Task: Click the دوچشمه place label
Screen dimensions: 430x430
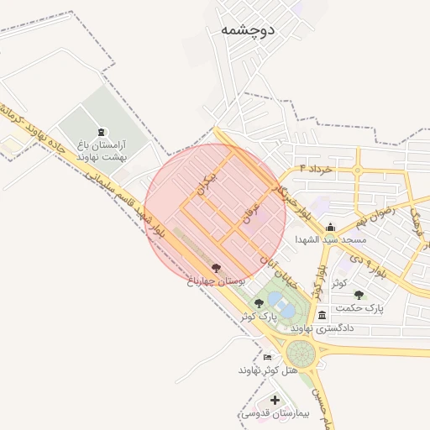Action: pyautogui.click(x=249, y=29)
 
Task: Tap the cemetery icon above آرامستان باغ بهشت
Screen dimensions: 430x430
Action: pyautogui.click(x=102, y=132)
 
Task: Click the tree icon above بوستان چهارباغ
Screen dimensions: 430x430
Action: pyautogui.click(x=217, y=269)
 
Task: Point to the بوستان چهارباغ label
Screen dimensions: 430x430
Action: pyautogui.click(x=216, y=283)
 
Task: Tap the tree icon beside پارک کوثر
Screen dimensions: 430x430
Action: pyautogui.click(x=259, y=302)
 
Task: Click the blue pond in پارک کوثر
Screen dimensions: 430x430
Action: pyautogui.click(x=287, y=310)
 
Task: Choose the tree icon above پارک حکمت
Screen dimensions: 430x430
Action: pyautogui.click(x=359, y=295)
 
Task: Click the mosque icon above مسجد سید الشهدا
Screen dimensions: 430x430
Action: pyautogui.click(x=331, y=227)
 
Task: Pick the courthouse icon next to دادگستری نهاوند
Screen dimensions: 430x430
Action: pyautogui.click(x=323, y=315)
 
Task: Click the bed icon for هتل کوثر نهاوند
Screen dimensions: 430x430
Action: pyautogui.click(x=268, y=357)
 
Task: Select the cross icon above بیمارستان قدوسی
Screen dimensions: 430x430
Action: pyautogui.click(x=275, y=399)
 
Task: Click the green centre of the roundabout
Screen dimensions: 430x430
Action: pyautogui.click(x=300, y=352)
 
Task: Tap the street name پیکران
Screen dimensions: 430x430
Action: pyautogui.click(x=206, y=180)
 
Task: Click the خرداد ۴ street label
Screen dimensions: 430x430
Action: pyautogui.click(x=312, y=170)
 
